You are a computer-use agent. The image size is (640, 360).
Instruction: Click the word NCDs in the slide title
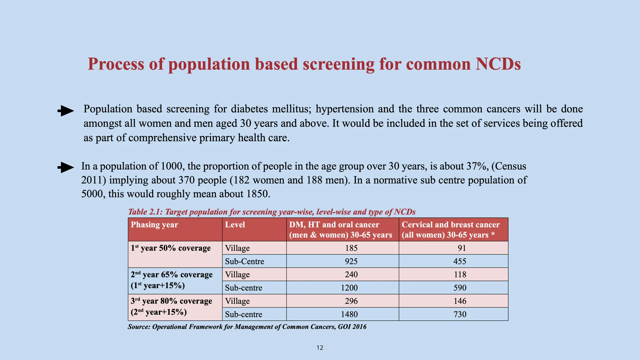point(498,64)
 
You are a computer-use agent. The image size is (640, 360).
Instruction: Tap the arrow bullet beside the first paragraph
point(66,111)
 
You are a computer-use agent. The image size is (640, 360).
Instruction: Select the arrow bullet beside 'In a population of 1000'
point(66,167)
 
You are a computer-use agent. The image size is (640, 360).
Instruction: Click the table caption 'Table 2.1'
point(145,212)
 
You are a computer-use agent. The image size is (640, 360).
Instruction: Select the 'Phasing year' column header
point(154,225)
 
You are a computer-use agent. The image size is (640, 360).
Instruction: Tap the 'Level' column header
point(235,225)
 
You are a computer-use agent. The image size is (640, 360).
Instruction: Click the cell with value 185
point(351,248)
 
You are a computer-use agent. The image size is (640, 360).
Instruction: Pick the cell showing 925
point(351,261)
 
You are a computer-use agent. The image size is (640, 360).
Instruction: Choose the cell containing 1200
point(349,288)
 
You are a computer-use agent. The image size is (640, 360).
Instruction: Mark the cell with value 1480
point(349,314)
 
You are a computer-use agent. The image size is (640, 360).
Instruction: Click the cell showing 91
point(462,248)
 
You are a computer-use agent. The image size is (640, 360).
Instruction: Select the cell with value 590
point(460,288)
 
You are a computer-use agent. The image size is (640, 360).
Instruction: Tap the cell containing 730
point(460,314)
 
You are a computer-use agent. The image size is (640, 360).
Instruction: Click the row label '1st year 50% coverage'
point(171,248)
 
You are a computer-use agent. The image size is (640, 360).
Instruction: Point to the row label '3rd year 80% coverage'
point(171,301)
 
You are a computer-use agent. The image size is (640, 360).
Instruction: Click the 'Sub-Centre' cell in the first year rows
point(244,262)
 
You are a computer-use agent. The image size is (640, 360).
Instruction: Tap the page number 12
point(320,348)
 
